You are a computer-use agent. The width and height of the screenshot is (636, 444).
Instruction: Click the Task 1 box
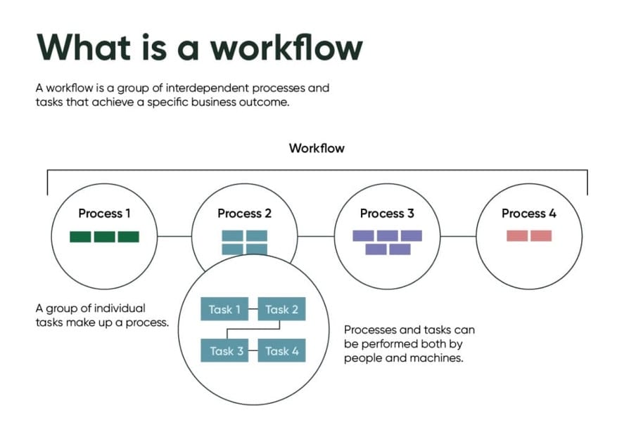[224, 309]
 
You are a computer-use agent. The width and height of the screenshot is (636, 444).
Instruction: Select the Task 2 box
[281, 309]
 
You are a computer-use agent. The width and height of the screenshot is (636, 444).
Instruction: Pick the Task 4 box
[281, 351]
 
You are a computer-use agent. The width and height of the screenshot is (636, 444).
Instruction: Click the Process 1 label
[104, 214]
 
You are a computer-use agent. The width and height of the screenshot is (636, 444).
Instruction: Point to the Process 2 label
[244, 214]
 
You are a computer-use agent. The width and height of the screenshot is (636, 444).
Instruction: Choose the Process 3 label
[387, 214]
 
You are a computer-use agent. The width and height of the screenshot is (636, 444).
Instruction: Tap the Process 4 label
[528, 214]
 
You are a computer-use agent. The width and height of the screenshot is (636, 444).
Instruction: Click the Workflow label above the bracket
[317, 149]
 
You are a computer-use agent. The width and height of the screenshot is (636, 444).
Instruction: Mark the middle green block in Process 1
[104, 237]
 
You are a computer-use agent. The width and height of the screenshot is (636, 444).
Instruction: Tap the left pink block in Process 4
[517, 236]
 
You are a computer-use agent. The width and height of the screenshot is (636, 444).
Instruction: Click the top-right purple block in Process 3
[412, 236]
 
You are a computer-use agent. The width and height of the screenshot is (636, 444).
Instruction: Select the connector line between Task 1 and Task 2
[253, 309]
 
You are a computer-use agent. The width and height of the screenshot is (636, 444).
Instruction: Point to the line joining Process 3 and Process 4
[458, 236]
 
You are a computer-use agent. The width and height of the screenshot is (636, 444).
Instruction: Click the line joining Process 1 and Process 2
[174, 236]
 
